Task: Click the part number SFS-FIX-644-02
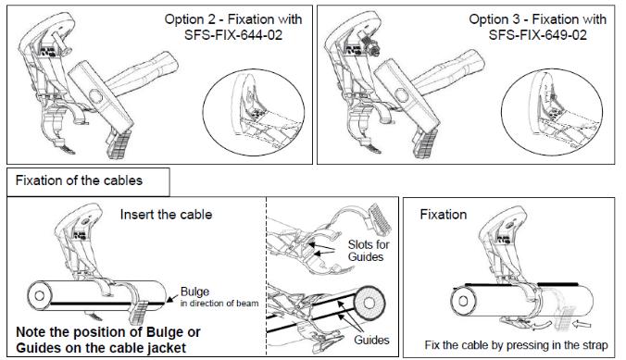coord(233,35)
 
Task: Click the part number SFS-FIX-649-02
coord(538,35)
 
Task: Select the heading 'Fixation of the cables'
coord(79,180)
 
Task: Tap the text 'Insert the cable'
coord(166,215)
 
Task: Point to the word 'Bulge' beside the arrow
coord(194,292)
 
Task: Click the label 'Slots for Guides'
coord(369,250)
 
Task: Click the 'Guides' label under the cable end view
coord(371,340)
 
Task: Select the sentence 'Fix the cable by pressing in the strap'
coord(516,345)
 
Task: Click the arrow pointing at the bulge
coord(172,299)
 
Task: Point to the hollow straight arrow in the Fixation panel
coord(582,325)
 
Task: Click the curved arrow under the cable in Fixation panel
coord(541,325)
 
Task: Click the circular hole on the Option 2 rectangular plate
coord(95,96)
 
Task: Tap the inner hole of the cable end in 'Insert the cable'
coord(39,296)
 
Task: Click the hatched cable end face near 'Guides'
coord(369,303)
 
